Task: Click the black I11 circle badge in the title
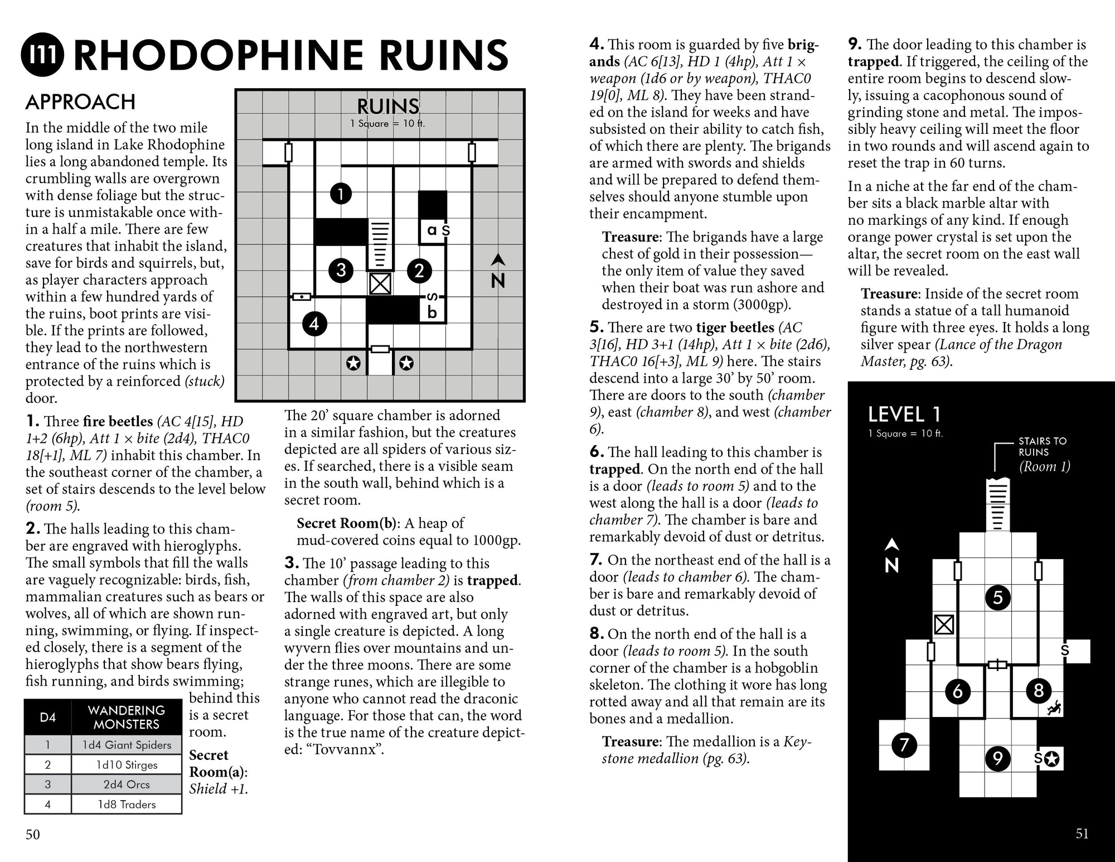(x=42, y=55)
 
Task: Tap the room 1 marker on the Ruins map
(x=341, y=194)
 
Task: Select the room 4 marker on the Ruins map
(x=314, y=324)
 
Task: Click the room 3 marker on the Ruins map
(x=341, y=271)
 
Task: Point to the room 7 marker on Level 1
(x=904, y=745)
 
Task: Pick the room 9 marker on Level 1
(x=997, y=758)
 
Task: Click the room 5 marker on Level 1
(x=997, y=598)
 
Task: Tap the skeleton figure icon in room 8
(x=1053, y=709)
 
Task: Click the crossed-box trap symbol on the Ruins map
(x=380, y=283)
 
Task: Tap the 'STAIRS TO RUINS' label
(x=1042, y=446)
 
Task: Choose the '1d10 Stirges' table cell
(x=127, y=765)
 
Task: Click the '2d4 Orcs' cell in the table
(x=127, y=784)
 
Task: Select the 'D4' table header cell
(x=48, y=717)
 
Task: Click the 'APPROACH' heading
(x=80, y=102)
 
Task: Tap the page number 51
(x=1082, y=834)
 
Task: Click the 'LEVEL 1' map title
(x=904, y=415)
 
